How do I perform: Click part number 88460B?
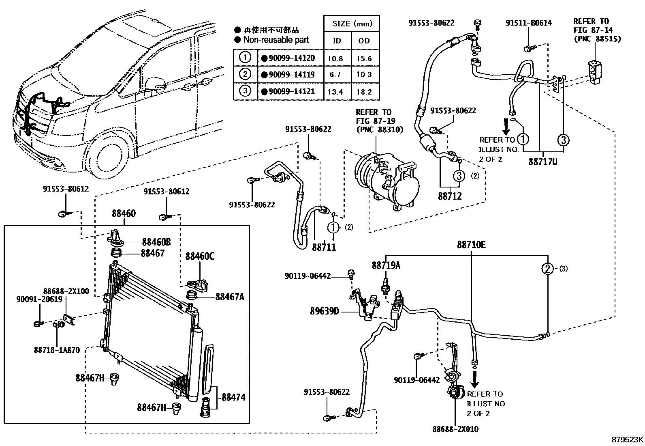pyautogui.click(x=156, y=242)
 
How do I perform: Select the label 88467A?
pyautogui.click(x=230, y=297)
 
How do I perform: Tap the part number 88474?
pyautogui.click(x=233, y=397)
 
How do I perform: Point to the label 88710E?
pyautogui.click(x=471, y=245)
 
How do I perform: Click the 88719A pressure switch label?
pyautogui.click(x=386, y=265)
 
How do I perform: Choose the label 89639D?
pyautogui.click(x=325, y=312)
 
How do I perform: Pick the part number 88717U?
pyautogui.click(x=542, y=162)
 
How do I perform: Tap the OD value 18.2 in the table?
pyautogui.click(x=364, y=92)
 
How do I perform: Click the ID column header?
pyautogui.click(x=337, y=40)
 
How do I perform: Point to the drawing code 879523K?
pyautogui.click(x=627, y=440)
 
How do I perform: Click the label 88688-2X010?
pyautogui.click(x=455, y=429)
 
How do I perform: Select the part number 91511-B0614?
pyautogui.click(x=528, y=23)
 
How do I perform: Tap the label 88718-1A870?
pyautogui.click(x=57, y=349)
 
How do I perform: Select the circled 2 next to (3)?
pyautogui.click(x=547, y=268)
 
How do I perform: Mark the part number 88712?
pyautogui.click(x=450, y=196)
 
